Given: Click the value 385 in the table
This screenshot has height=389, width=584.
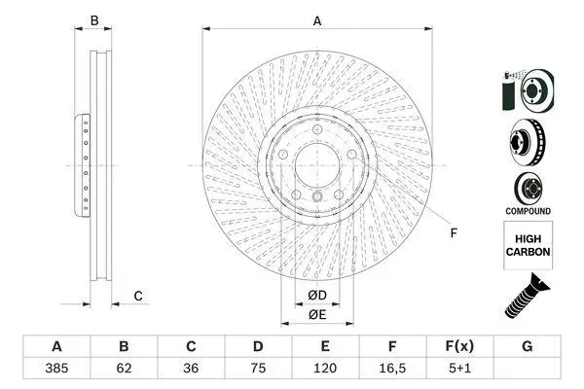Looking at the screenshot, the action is tap(56, 369).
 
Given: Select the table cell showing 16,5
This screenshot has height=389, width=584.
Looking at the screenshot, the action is tap(392, 369).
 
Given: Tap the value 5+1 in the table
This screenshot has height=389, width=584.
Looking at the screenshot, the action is tap(459, 369).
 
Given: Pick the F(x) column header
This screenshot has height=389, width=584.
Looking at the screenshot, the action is tap(459, 346).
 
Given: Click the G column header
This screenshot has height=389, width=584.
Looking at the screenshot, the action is tap(527, 346).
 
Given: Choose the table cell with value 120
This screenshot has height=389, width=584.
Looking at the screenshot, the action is tap(325, 369).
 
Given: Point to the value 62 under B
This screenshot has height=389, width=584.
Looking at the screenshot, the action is tap(124, 369).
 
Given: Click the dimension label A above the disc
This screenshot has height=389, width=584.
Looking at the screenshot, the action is tap(317, 20).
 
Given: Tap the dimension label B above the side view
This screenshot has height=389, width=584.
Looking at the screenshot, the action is tap(94, 20).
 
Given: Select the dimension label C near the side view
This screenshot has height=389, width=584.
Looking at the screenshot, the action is tap(138, 296).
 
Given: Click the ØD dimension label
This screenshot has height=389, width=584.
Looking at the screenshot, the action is tap(317, 296).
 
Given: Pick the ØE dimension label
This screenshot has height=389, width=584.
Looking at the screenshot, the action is tap(317, 314).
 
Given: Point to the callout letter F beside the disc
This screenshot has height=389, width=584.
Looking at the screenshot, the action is tap(454, 233).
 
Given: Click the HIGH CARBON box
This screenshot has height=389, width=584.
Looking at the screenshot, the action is tap(529, 245).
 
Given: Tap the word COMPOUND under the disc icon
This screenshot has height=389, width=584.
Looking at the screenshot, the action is tap(529, 211).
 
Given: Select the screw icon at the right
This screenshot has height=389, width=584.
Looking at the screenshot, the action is tap(527, 296).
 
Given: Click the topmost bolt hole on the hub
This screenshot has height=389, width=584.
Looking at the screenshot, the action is tap(317, 129).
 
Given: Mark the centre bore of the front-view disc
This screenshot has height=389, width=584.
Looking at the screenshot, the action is tap(317, 165).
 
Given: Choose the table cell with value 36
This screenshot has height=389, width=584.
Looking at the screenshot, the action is tap(191, 369).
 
